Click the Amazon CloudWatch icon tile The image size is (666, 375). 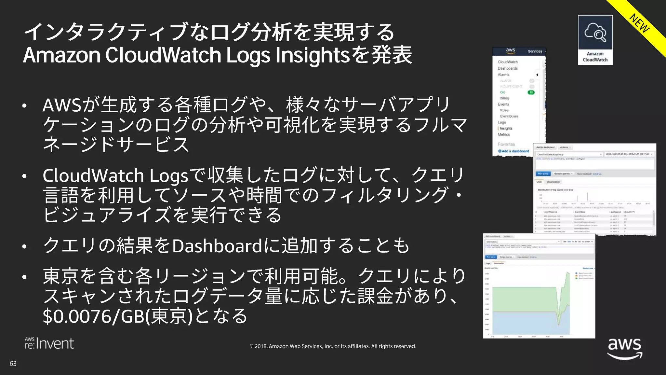pyautogui.click(x=595, y=40)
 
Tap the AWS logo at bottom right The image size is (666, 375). pyautogui.click(x=625, y=349)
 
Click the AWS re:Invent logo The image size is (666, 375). pyautogui.click(x=49, y=344)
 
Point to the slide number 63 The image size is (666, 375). pyautogui.click(x=13, y=364)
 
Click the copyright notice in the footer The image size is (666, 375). pyautogui.click(x=333, y=346)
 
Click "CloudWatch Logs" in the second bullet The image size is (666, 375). pyautogui.click(x=115, y=176)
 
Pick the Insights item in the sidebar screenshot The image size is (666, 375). pyautogui.click(x=506, y=129)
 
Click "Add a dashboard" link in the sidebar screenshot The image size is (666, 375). pyautogui.click(x=515, y=151)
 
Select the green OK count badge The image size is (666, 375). pyautogui.click(x=531, y=92)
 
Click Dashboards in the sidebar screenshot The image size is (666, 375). pyautogui.click(x=508, y=68)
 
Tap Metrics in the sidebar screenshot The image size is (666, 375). pyautogui.click(x=504, y=134)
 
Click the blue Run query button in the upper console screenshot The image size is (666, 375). pyautogui.click(x=543, y=174)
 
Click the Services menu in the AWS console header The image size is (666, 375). pyautogui.click(x=535, y=51)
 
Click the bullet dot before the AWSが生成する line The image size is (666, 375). pyautogui.click(x=24, y=106)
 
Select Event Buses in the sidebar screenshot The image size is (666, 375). pyautogui.click(x=509, y=116)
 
